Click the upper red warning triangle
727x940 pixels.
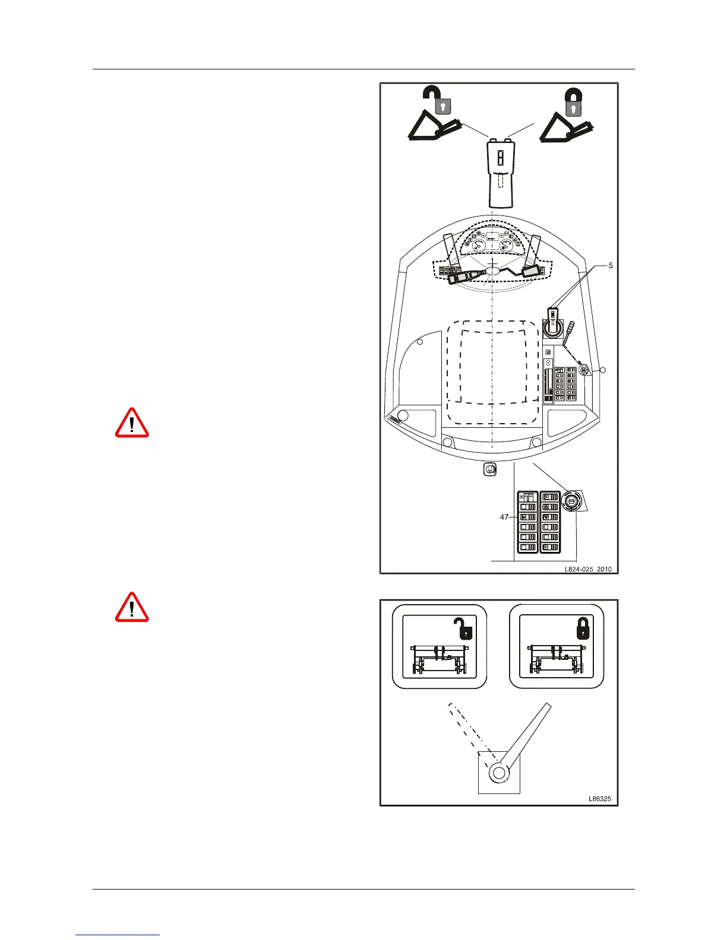pyautogui.click(x=132, y=423)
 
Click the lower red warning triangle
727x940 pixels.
pyautogui.click(x=132, y=607)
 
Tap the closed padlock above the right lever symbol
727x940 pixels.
pyautogui.click(x=573, y=101)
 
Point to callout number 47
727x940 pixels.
pyautogui.click(x=504, y=517)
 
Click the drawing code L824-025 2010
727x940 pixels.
pyautogui.click(x=587, y=569)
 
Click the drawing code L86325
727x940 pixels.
pyautogui.click(x=599, y=799)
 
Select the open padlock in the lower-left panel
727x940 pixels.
pyautogui.click(x=462, y=627)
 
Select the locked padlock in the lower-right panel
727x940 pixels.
pyautogui.click(x=583, y=627)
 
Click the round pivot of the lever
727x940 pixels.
pyautogui.click(x=498, y=773)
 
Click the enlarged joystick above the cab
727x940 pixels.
pyautogui.click(x=500, y=176)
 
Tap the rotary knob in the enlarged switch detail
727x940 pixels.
pyautogui.click(x=571, y=501)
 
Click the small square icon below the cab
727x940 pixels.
pyautogui.click(x=490, y=469)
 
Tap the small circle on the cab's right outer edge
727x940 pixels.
pyautogui.click(x=603, y=370)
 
